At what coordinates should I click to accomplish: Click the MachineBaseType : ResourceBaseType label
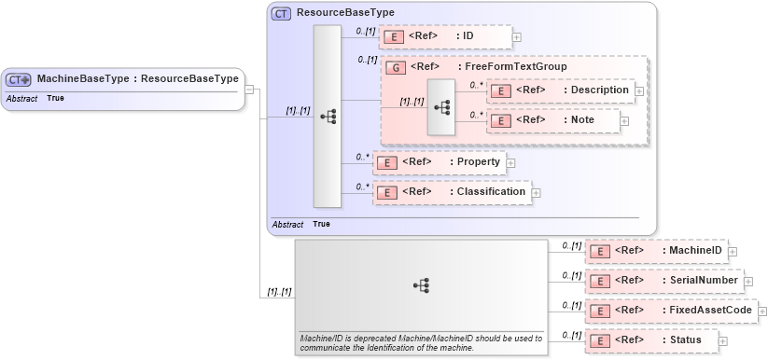137,79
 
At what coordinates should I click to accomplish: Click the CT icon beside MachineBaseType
20,79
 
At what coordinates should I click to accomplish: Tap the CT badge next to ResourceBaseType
281,14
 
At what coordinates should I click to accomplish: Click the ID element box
444,36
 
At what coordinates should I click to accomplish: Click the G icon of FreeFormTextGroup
395,67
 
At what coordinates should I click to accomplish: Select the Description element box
561,90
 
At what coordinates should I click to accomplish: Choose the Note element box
554,120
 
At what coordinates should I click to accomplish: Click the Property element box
439,162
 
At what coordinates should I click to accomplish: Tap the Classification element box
452,192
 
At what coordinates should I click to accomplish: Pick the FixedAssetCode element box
670,311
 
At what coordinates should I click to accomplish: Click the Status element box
651,340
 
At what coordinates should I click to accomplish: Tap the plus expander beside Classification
536,193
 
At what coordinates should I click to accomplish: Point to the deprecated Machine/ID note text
421,343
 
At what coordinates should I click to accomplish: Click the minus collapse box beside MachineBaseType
250,90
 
